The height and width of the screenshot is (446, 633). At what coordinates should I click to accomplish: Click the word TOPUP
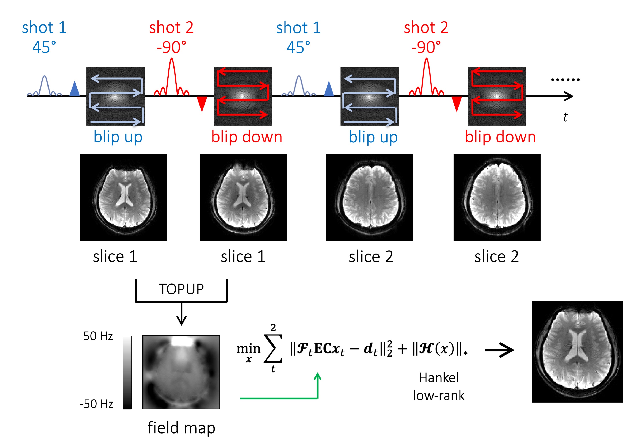181,289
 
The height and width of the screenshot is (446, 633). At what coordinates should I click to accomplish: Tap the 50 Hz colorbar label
98,336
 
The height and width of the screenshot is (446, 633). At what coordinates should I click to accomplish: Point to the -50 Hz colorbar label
96,404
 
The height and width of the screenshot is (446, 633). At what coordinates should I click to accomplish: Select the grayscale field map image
181,372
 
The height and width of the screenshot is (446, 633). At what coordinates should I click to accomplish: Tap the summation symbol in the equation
273,349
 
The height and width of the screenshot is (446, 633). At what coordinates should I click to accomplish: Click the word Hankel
439,378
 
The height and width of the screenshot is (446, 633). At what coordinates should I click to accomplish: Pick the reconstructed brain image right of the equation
577,352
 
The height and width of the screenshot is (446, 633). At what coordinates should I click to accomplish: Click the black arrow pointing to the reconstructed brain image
499,350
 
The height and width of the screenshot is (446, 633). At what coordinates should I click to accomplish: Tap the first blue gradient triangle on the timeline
75,89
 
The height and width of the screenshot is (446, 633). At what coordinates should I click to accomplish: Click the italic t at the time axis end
565,117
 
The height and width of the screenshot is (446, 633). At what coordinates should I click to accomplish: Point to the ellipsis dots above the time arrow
565,80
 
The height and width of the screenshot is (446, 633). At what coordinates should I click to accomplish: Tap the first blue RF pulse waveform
45,85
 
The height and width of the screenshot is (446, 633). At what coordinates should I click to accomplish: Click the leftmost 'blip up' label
118,137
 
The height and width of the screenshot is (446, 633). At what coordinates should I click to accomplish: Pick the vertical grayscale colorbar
127,372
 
